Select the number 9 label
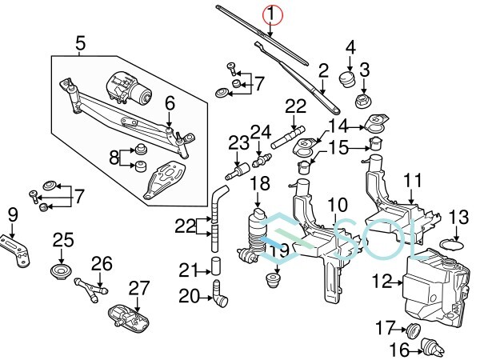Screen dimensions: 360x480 click(12, 214)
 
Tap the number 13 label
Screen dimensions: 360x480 click(458, 216)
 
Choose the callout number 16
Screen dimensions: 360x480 click(398, 349)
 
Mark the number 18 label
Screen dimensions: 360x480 click(258, 185)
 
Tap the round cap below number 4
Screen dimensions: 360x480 click(348, 78)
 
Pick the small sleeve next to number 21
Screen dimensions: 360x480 click(214, 266)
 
